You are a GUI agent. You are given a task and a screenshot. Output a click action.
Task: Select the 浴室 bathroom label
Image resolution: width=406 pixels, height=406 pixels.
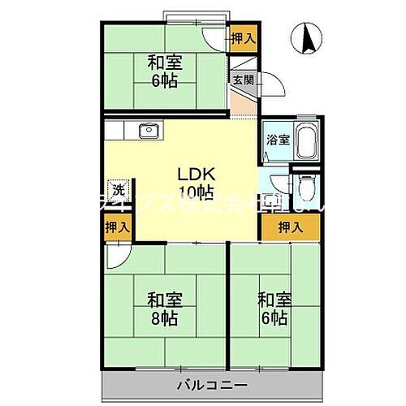tap(277, 139)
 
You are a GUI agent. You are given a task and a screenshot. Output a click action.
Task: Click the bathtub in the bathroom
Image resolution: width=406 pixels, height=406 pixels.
tap(306, 144)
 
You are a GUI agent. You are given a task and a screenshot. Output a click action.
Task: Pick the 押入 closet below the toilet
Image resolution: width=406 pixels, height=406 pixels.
tap(291, 227)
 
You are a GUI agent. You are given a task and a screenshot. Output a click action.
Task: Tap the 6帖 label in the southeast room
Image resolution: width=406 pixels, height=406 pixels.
tap(274, 316)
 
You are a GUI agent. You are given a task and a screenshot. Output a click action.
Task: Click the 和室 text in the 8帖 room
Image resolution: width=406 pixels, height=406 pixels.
tap(164, 297)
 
